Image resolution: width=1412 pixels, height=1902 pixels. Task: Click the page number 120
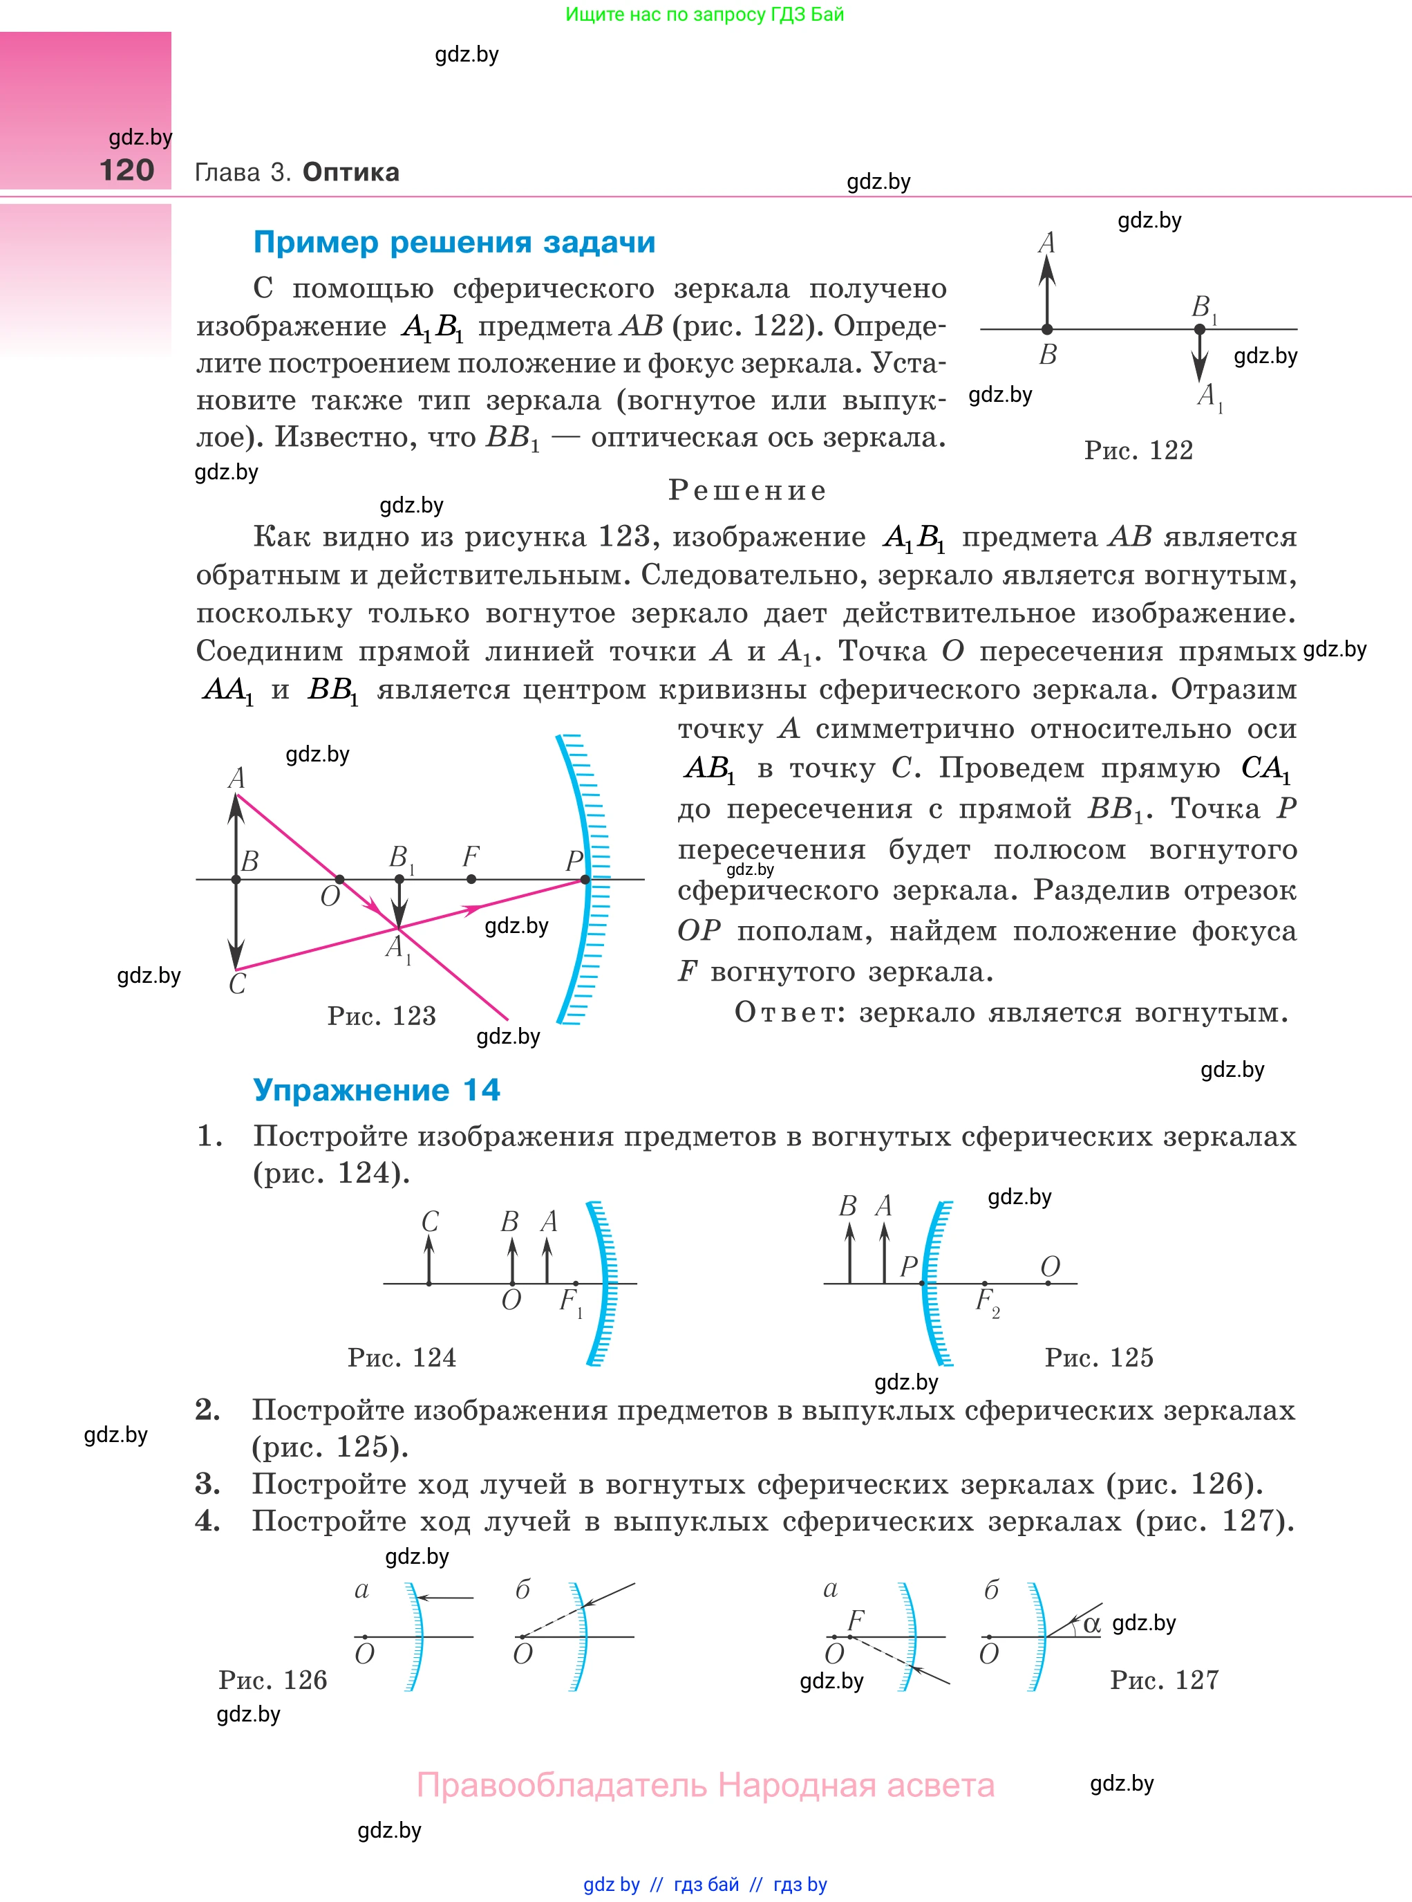pos(126,170)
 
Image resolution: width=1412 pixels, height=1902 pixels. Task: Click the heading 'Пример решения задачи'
pos(454,242)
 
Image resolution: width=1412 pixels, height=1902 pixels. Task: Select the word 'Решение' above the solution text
pos(747,490)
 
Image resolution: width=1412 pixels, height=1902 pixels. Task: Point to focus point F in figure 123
pos(471,878)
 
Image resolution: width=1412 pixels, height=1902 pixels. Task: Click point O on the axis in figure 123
pos(339,879)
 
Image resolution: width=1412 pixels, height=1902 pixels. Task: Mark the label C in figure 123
pos(237,984)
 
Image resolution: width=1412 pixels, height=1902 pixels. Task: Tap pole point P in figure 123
pos(585,879)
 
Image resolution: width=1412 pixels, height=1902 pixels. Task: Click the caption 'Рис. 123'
pos(382,1015)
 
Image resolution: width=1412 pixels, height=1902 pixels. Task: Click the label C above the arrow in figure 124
pos(430,1221)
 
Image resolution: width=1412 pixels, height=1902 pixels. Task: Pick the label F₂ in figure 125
pos(987,1302)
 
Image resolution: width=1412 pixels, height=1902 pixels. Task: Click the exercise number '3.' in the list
pos(208,1484)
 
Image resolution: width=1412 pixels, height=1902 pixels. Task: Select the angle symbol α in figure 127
pos(1091,1624)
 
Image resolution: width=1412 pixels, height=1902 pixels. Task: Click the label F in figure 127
pos(856,1619)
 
